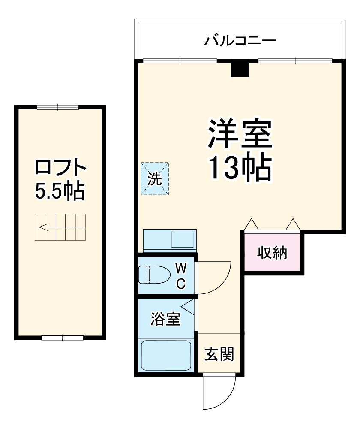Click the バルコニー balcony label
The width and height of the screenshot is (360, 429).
click(x=240, y=41)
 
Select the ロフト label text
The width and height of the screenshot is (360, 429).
click(x=60, y=168)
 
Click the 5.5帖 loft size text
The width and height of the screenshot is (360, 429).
click(x=60, y=191)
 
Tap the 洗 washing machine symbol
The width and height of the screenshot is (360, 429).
click(x=154, y=179)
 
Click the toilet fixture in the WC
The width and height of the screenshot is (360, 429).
click(x=152, y=275)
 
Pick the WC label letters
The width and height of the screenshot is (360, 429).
click(x=181, y=275)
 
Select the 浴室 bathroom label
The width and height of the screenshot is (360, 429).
click(x=165, y=319)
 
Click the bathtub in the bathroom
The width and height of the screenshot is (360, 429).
click(x=167, y=355)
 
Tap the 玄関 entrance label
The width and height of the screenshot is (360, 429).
click(x=219, y=354)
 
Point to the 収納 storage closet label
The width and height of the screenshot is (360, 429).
click(x=272, y=253)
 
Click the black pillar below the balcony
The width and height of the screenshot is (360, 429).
click(x=240, y=69)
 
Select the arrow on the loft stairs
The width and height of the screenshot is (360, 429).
click(x=43, y=227)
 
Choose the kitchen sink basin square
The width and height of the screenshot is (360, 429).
click(x=183, y=239)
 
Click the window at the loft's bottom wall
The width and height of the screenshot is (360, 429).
click(x=63, y=338)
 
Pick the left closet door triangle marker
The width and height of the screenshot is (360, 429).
click(x=251, y=224)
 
